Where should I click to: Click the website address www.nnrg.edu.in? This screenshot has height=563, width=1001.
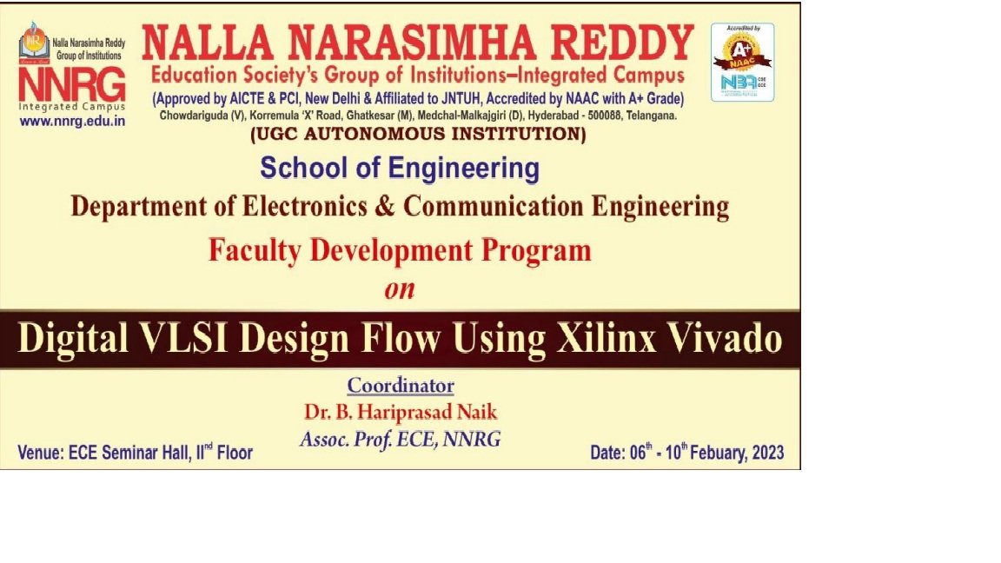tap(72, 122)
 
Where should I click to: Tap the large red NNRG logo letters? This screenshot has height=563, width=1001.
tap(72, 84)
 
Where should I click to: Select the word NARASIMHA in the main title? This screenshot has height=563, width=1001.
tap(412, 43)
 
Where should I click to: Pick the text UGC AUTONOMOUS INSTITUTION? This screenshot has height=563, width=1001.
tap(418, 134)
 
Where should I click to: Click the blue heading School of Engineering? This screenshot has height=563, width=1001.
tap(400, 169)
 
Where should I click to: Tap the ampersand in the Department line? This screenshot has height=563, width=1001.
tap(385, 207)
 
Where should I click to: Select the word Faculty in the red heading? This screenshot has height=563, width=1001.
tap(255, 251)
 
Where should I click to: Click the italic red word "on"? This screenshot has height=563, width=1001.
tap(400, 290)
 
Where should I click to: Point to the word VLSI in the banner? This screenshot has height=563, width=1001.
tap(184, 338)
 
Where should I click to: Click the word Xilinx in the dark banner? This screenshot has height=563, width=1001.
tap(607, 338)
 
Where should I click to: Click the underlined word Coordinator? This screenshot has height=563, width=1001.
tap(401, 386)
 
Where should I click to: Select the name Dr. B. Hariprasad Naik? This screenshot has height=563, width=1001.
tap(401, 413)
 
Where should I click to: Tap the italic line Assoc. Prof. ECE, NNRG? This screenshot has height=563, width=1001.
tap(401, 440)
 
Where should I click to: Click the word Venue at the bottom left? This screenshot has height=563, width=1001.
tap(40, 453)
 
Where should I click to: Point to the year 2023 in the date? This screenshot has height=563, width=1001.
tap(768, 453)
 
